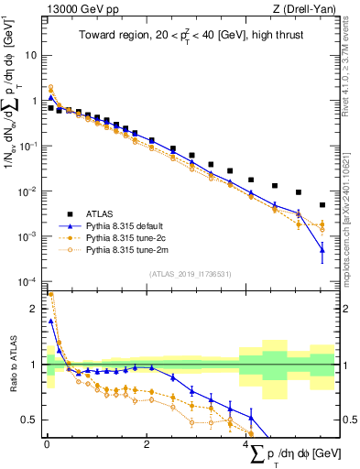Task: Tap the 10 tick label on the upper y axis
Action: coord(31,55)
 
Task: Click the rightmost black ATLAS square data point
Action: coord(322,205)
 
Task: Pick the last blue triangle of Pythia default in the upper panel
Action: coord(322,249)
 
